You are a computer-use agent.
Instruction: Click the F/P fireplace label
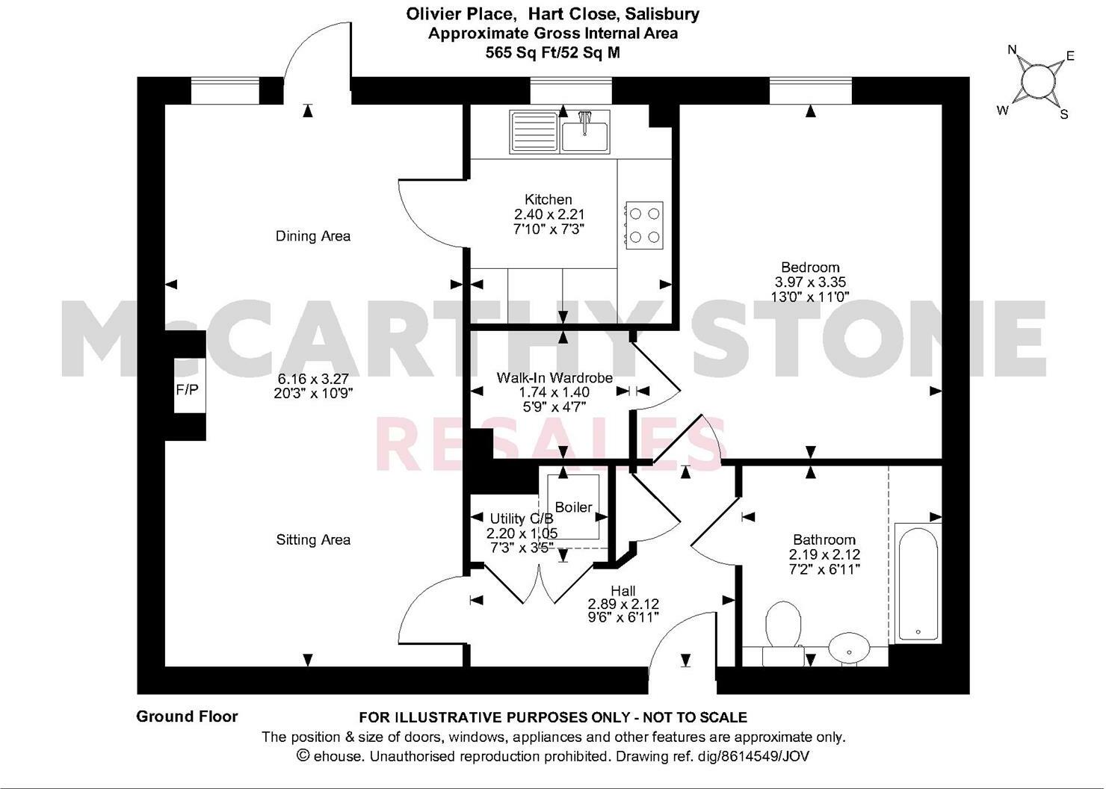click(x=187, y=389)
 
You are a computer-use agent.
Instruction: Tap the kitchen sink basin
click(x=585, y=136)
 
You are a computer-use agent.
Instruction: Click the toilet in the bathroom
click(x=783, y=626)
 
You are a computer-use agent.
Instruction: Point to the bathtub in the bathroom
click(x=916, y=582)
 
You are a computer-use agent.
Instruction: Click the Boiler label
click(x=573, y=507)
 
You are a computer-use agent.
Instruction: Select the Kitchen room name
click(x=549, y=199)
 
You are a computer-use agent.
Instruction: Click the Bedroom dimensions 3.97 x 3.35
click(x=810, y=282)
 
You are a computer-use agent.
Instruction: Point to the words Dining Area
click(x=313, y=236)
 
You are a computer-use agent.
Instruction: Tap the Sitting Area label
click(x=313, y=539)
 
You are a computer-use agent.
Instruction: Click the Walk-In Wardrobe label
click(x=554, y=378)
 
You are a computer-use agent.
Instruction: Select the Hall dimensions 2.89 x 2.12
click(x=623, y=604)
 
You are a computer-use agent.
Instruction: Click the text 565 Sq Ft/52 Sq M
click(x=552, y=52)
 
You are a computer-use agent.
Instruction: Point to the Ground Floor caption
click(x=187, y=717)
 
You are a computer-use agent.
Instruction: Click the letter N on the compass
click(x=1013, y=50)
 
